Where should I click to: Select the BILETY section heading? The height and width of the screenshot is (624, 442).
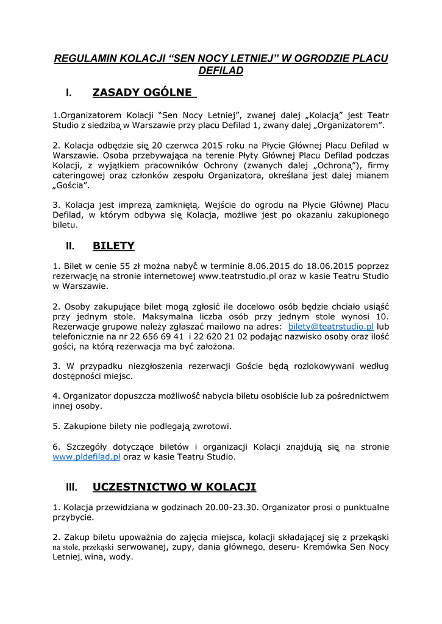(113, 246)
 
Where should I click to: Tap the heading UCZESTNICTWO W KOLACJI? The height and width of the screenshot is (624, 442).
(174, 487)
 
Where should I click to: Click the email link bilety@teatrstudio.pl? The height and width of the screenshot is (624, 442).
(331, 327)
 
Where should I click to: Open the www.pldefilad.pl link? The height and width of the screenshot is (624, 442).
(87, 456)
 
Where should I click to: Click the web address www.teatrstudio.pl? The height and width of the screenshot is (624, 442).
(235, 276)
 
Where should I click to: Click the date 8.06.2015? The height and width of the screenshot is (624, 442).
(270, 266)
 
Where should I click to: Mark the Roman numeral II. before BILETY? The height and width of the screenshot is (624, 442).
(70, 247)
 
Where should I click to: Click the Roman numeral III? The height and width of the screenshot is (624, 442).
(71, 487)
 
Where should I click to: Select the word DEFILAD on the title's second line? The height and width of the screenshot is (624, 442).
(221, 71)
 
